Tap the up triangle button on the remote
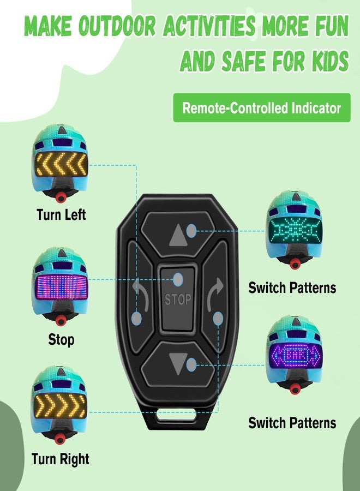coord(179,235)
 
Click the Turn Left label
coord(61,215)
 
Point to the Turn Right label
coord(61,459)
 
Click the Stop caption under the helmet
coord(61,339)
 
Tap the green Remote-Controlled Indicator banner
coord(262,107)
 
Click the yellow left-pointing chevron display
coord(61,164)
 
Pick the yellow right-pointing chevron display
coord(60,406)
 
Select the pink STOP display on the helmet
coord(61,287)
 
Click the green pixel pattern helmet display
coord(295,231)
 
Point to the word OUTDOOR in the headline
coord(117,25)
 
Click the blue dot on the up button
coord(191,231)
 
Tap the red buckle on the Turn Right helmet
coord(59,439)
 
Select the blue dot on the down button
coord(191,364)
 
